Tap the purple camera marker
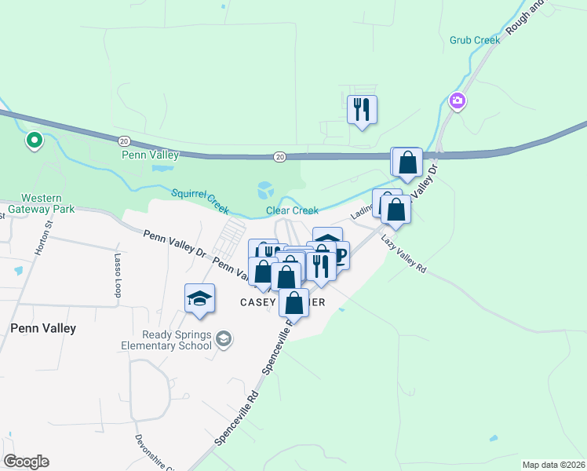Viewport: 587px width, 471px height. (x=457, y=100)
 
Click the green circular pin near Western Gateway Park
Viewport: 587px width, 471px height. (x=35, y=141)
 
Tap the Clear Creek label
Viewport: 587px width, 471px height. (x=292, y=210)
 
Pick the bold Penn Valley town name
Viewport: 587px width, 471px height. (x=43, y=328)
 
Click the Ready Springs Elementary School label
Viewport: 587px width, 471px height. (x=166, y=339)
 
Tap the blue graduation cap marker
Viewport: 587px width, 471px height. (x=199, y=298)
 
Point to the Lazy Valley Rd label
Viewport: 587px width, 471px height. (x=405, y=254)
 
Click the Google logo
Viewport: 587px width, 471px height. (x=26, y=462)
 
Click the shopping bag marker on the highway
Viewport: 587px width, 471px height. (x=407, y=162)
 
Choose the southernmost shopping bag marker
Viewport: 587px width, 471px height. (x=293, y=302)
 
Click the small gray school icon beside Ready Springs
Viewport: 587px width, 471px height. (x=224, y=338)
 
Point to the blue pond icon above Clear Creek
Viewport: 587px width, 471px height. (x=265, y=190)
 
